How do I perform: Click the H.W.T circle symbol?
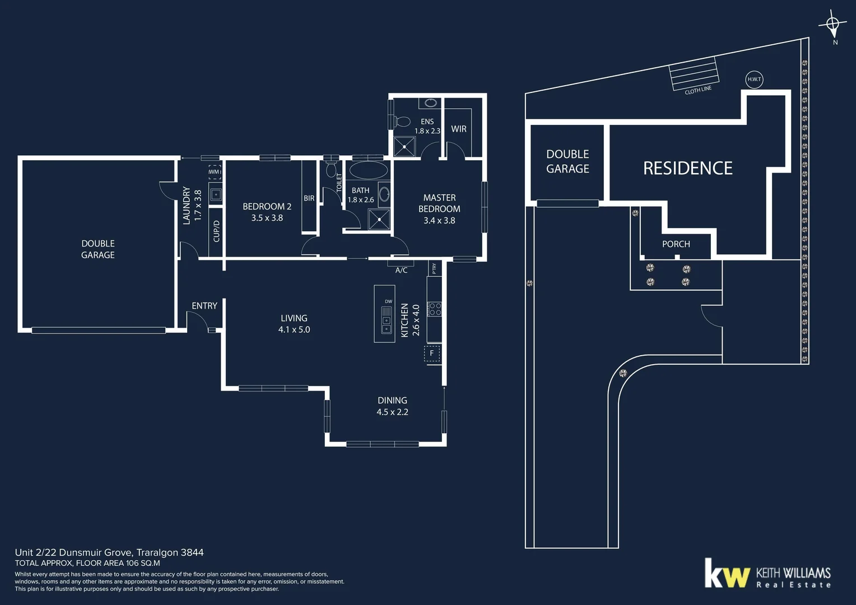tap(754, 79)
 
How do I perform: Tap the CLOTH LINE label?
tap(698, 90)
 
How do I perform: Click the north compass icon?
tap(833, 24)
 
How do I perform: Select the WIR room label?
tap(458, 129)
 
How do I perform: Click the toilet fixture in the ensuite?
tap(402, 121)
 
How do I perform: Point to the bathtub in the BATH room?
tap(368, 170)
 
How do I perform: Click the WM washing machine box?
tap(215, 172)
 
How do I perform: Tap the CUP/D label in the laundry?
tap(217, 231)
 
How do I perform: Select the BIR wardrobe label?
tap(309, 198)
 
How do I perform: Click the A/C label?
tap(401, 270)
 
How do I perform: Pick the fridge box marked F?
tap(432, 353)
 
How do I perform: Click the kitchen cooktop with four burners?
tap(435, 309)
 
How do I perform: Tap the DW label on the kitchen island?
tap(388, 301)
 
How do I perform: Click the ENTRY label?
tap(204, 306)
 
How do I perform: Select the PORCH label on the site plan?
tap(676, 244)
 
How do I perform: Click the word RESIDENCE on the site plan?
tap(687, 168)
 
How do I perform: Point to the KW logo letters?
tap(727, 574)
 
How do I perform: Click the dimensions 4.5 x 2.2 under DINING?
tap(392, 412)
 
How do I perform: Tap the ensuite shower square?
tap(404, 147)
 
